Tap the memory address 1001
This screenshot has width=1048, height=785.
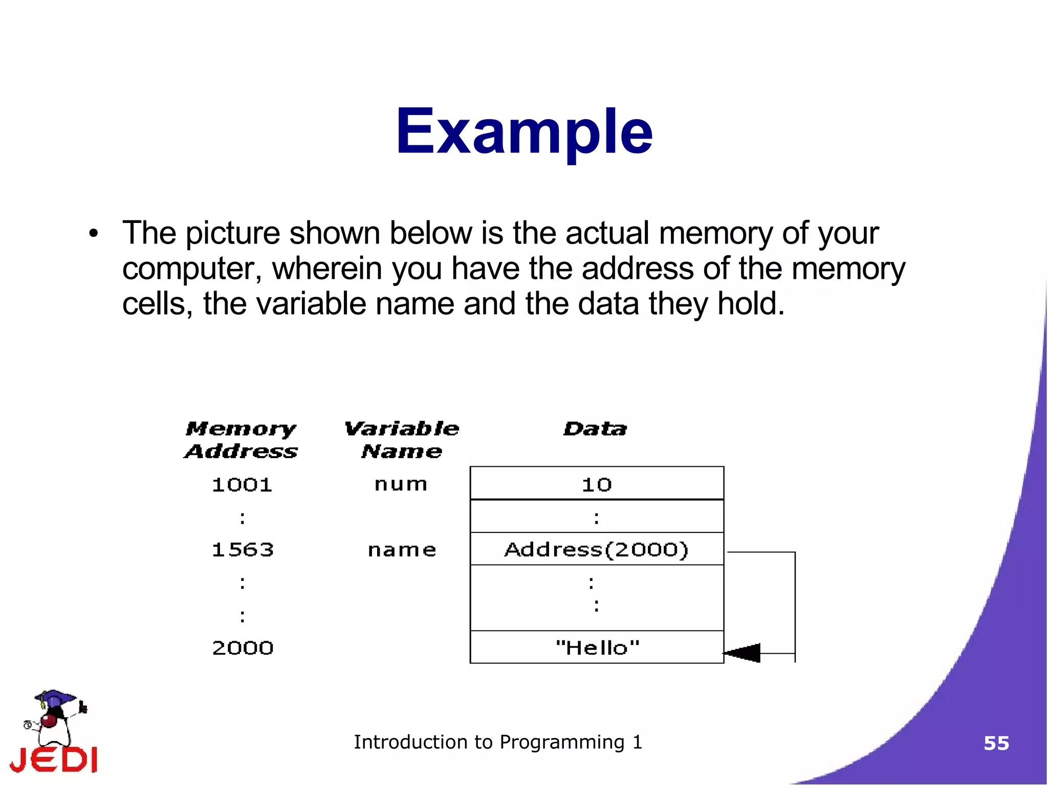[x=242, y=484]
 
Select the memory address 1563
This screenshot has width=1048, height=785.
[x=243, y=550]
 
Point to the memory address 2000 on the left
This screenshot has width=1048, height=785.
[x=243, y=648]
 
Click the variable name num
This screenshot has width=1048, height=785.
[x=401, y=484]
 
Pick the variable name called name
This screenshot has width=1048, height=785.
[x=402, y=550]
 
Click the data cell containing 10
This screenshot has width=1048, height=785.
[x=597, y=484]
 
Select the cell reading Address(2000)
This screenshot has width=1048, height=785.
[x=597, y=549]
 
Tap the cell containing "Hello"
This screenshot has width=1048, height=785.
[x=597, y=647]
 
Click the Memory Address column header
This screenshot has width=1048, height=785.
[x=241, y=440]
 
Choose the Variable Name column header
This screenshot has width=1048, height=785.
[x=402, y=440]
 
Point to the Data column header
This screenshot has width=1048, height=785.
[x=595, y=429]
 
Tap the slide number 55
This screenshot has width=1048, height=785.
[x=996, y=743]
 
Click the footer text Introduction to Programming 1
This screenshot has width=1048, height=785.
[x=497, y=742]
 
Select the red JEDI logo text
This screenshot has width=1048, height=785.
[x=54, y=759]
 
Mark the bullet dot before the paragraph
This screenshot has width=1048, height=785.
[x=93, y=234]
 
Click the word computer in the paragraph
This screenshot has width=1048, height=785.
[x=191, y=268]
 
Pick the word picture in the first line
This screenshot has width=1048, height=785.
[x=232, y=234]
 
